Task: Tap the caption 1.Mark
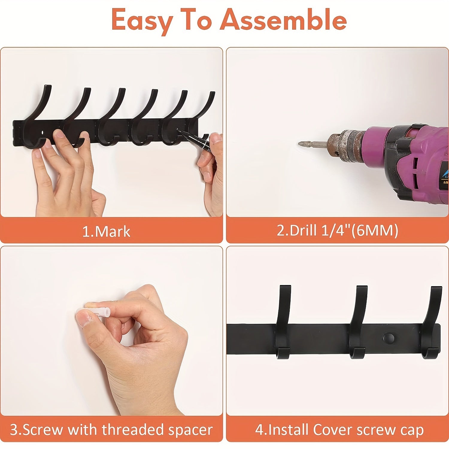click(x=106, y=231)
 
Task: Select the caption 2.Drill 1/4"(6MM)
click(x=337, y=230)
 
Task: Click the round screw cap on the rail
click(x=389, y=338)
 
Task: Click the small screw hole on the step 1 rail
click(x=43, y=132)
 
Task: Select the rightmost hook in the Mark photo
click(x=204, y=111)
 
